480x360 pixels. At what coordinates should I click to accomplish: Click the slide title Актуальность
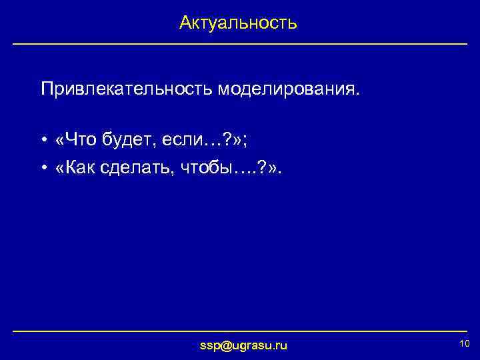[238, 23]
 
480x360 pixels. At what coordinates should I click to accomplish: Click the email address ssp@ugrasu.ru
[244, 345]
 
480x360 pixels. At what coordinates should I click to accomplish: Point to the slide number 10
[465, 343]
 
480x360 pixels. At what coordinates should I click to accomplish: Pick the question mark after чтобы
[259, 169]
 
